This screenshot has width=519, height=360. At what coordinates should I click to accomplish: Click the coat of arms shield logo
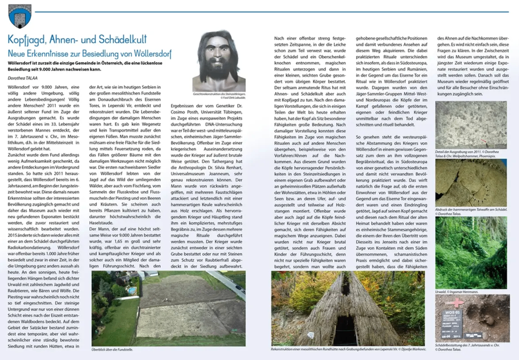19,16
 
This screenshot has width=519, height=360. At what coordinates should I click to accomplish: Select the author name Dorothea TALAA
22,78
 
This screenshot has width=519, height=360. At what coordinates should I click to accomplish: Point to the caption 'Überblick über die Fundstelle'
112,350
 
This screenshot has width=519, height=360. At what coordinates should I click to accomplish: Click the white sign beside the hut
310,334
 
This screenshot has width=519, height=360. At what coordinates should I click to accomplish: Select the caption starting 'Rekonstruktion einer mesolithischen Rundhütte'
348,349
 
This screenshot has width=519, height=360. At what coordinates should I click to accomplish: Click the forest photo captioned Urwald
471,252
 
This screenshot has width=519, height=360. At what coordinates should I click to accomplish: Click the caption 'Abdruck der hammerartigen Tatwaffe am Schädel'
471,211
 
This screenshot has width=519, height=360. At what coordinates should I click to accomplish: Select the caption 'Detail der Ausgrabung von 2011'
467,154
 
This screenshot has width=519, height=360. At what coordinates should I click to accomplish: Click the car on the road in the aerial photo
239,288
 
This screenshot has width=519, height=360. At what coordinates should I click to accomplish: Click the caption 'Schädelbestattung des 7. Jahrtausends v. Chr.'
467,347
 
